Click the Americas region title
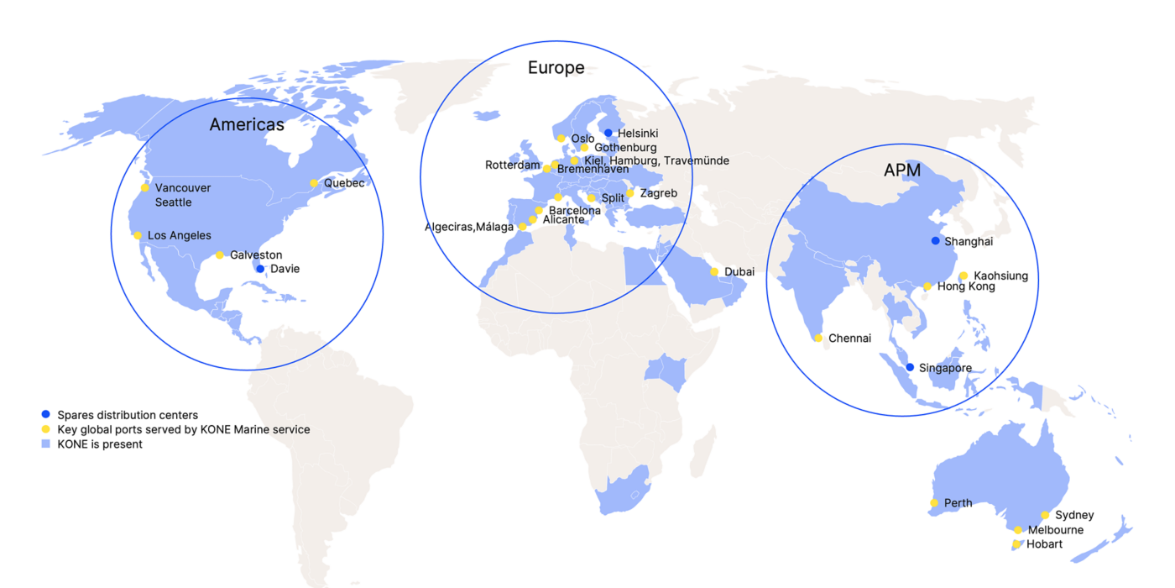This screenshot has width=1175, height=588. [247, 125]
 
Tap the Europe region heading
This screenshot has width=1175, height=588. [556, 68]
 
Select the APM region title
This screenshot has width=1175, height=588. [902, 171]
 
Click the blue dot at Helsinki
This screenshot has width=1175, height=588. [608, 133]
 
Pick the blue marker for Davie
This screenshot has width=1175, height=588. [260, 269]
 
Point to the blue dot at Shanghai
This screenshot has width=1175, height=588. [935, 241]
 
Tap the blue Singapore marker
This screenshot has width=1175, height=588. [910, 367]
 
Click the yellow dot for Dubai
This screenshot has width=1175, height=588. [714, 271]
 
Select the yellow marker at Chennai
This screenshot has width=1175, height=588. [818, 339]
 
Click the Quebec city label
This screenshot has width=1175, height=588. [344, 183]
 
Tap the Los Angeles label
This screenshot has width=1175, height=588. [180, 235]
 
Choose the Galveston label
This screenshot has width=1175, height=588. [256, 255]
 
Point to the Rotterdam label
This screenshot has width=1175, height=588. [513, 165]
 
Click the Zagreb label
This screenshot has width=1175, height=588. [658, 193]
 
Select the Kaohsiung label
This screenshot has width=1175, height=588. [1000, 276]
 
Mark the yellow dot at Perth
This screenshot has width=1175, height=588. [934, 503]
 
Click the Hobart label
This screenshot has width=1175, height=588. [1044, 544]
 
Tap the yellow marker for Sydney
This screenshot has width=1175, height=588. [1045, 515]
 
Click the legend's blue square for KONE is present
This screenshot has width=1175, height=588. [45, 444]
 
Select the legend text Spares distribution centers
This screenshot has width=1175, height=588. [128, 415]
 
